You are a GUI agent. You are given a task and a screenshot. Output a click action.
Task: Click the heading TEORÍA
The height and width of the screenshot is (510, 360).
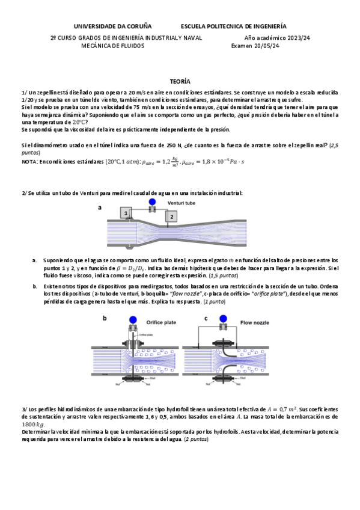180,80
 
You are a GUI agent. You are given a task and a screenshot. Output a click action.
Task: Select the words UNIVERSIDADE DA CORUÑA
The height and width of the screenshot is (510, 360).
112,26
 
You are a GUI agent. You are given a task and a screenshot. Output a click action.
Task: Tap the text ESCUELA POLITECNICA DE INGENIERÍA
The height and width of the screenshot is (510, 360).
233,26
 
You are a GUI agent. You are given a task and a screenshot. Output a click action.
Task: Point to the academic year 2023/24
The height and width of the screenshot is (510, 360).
296,37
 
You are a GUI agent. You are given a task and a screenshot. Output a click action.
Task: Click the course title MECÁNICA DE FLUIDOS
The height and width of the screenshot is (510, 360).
113,45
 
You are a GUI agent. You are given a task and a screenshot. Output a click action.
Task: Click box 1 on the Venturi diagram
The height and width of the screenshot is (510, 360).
126,214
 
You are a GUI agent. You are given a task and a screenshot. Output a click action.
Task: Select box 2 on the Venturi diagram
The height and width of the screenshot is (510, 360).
171,217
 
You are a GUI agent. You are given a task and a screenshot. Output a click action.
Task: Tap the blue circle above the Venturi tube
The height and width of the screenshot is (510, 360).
152,202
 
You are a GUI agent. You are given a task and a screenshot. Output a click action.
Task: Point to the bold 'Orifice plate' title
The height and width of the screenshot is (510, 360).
162,322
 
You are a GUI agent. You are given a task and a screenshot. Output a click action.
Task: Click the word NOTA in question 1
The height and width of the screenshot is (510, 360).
29,162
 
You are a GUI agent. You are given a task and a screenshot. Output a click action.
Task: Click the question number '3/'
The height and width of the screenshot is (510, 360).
24,408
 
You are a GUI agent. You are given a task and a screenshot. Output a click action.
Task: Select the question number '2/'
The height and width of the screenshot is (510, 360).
24,192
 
